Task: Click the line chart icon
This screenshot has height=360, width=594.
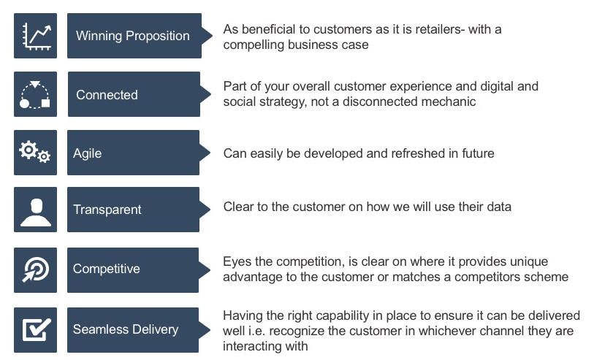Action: (36, 36)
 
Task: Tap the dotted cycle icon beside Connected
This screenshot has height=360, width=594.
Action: (35, 95)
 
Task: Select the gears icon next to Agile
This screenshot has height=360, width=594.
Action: (35, 152)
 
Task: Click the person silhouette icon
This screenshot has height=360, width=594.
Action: (36, 212)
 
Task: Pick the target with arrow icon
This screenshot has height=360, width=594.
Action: (36, 269)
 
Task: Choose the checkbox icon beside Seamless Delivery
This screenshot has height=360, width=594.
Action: (37, 329)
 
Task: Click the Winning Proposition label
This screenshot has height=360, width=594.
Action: (132, 36)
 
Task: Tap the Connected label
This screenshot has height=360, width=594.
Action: (107, 95)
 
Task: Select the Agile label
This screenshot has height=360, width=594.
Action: (87, 153)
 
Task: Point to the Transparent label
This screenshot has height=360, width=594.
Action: (107, 210)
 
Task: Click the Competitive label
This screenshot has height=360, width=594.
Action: (107, 269)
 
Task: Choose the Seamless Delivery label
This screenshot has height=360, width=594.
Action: (126, 329)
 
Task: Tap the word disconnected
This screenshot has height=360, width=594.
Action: (379, 102)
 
